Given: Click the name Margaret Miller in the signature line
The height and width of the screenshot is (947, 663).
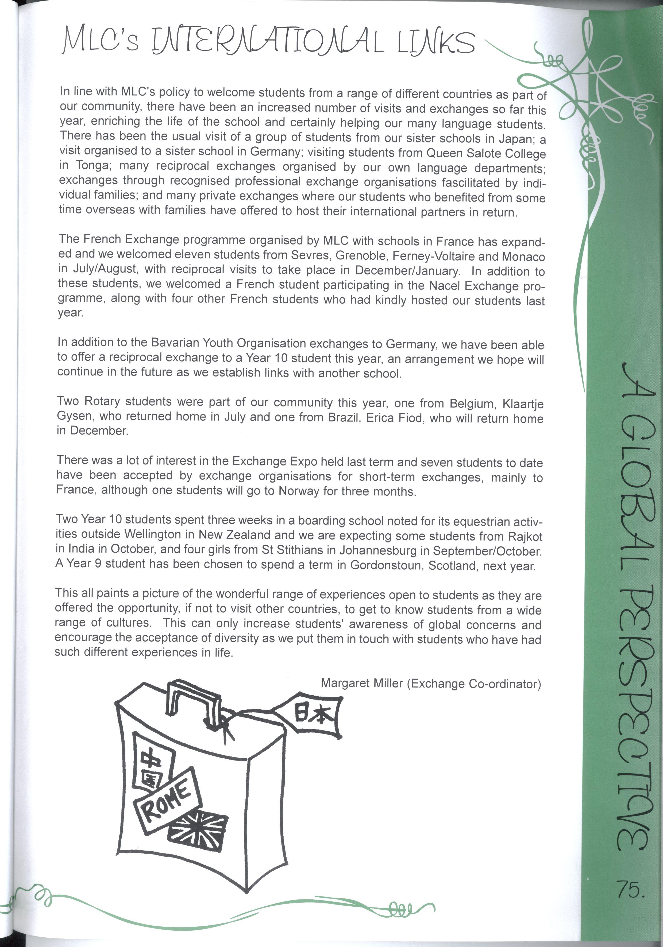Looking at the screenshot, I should coord(362,683).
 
